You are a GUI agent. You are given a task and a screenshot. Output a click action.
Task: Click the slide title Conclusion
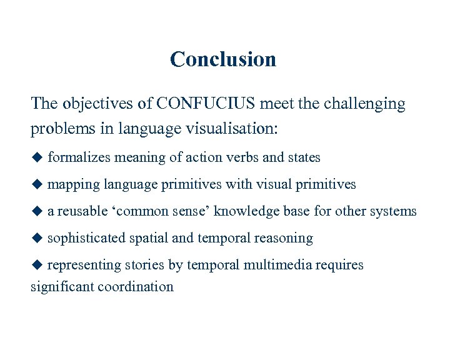(x=222, y=59)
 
